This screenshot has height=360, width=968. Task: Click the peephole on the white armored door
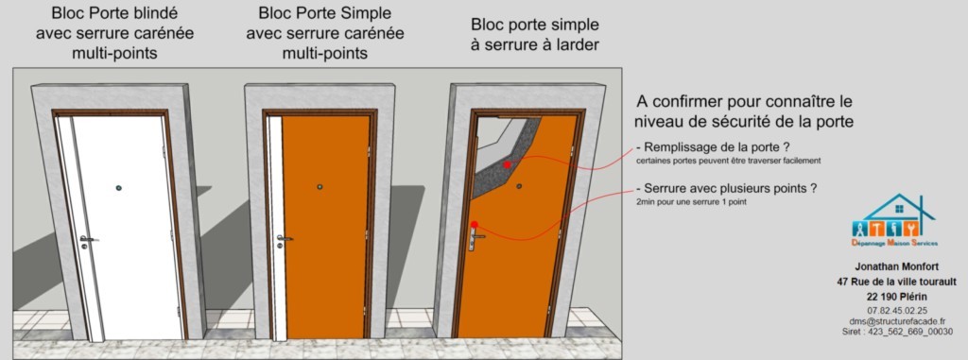click(118, 188)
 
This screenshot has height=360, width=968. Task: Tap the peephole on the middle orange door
click(320, 186)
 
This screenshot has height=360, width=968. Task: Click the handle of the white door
click(88, 238)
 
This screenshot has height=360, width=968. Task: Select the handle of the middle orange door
click(284, 237)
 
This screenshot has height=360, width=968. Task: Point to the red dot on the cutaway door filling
click(508, 165)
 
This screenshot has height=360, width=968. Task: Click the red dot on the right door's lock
click(474, 224)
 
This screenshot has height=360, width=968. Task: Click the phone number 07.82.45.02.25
click(896, 310)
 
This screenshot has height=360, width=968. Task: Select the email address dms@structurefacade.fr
click(896, 321)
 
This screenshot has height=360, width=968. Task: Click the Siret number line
click(896, 332)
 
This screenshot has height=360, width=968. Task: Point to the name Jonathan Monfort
click(896, 267)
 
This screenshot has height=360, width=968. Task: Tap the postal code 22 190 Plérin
click(896, 296)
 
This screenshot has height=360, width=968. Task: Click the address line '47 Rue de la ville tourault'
click(896, 282)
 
